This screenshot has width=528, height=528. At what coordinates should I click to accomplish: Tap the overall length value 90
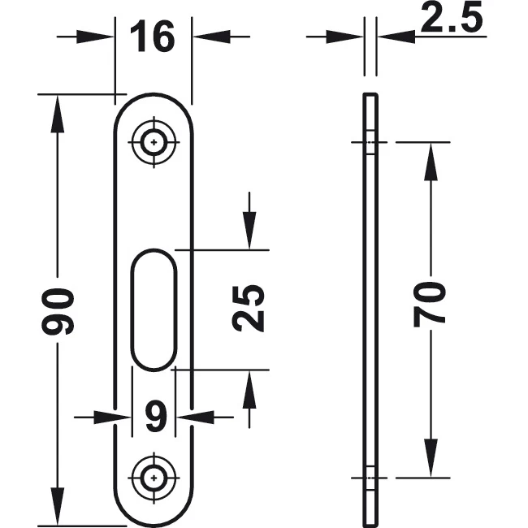tap(59, 311)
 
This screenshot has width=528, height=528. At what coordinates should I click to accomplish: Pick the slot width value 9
tap(154, 418)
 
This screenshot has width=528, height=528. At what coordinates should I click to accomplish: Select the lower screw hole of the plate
tap(154, 477)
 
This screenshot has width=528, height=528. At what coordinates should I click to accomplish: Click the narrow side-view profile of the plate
tap(370, 309)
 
